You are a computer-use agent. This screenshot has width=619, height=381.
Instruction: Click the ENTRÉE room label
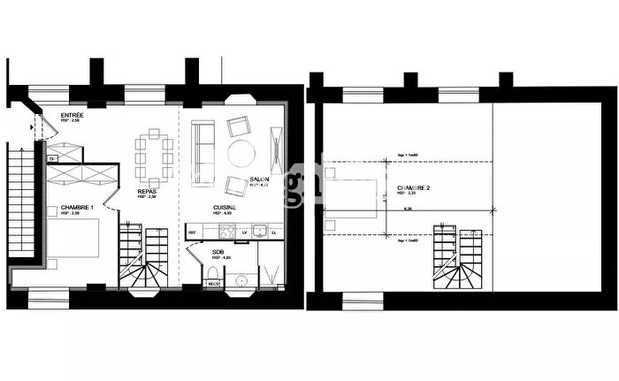73,116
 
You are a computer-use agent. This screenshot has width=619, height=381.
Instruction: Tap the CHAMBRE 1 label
77,209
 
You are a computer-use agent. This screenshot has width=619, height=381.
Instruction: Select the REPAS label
148,192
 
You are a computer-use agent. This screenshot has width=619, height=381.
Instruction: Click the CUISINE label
223,209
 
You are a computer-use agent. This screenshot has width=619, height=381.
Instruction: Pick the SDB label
218,253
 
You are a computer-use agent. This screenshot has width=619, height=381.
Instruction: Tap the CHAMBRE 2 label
413,188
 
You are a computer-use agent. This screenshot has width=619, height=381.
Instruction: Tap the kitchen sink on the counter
259,232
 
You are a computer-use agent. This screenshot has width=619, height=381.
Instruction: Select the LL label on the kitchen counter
274,232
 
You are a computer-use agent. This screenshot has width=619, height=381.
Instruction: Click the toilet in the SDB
240,282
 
